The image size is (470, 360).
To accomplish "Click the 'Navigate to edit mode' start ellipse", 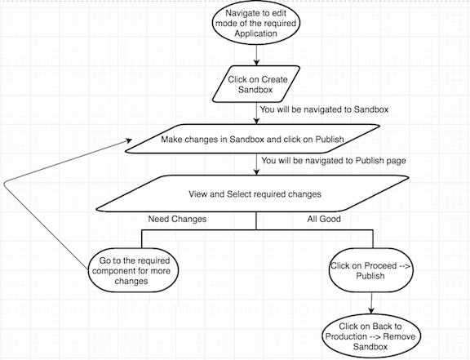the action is pos(256,23).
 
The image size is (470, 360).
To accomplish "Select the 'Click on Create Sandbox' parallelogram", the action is pos(256,84).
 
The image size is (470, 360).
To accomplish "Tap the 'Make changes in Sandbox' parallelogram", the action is pos(252,139).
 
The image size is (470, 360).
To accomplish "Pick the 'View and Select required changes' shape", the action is pos(252,193).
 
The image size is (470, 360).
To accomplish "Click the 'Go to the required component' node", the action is pos(133,270).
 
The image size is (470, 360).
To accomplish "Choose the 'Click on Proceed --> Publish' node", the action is pos(371,270).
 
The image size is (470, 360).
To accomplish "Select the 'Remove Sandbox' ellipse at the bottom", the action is pos(371,336).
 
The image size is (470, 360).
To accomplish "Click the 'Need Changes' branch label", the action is pos(177,219).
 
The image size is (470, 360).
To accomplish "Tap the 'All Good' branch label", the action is pos(324,219).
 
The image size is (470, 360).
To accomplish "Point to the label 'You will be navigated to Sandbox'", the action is pos(324,109).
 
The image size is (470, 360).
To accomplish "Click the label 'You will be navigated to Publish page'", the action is pos(334,161).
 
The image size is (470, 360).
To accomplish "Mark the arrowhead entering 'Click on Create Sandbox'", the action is pos(256,63).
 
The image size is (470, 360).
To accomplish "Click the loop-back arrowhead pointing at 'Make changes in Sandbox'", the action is pos(129,140).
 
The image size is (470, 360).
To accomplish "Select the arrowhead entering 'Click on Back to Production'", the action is pos(371,311).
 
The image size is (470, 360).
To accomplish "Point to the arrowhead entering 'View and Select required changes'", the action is pos(256,172).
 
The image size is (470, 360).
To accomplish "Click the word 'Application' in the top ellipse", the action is pos(255,33).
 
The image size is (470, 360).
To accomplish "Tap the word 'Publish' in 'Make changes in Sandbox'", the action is pos(330,140).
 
